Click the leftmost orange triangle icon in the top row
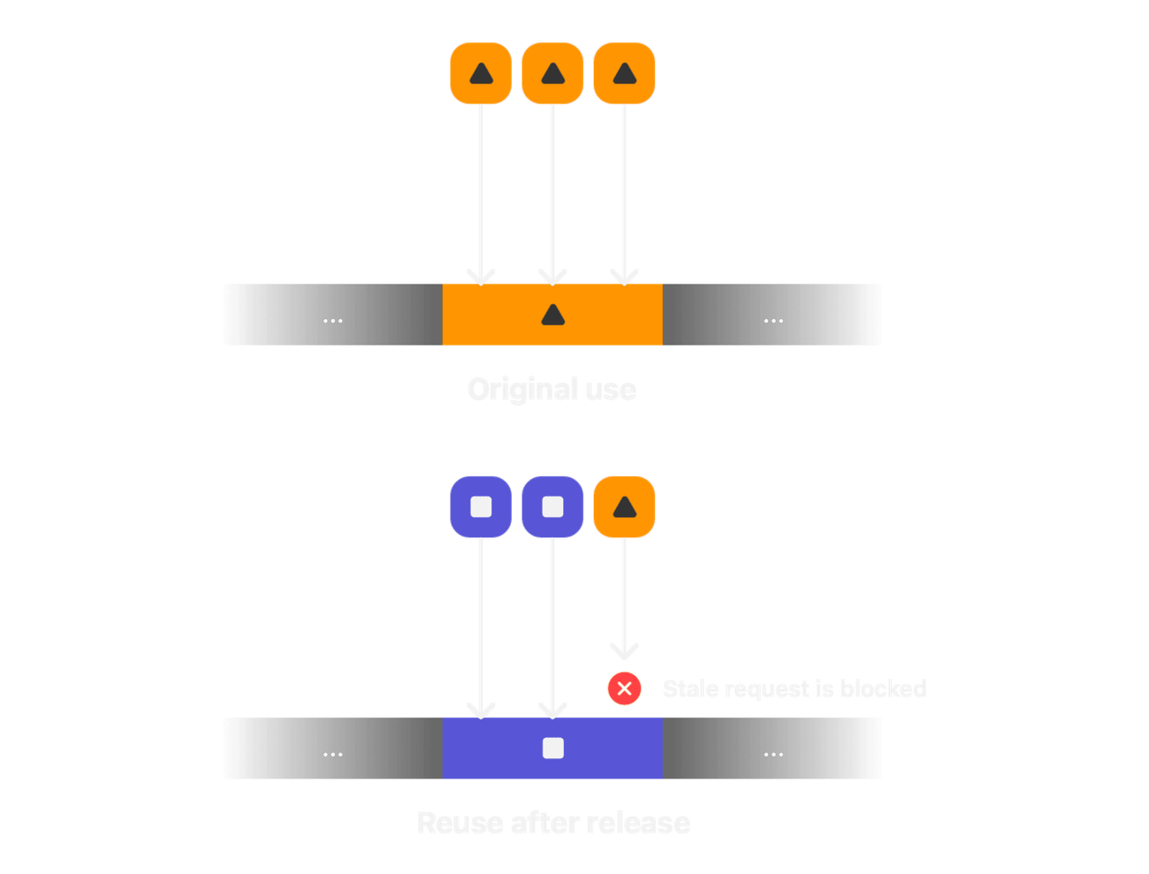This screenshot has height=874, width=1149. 481,72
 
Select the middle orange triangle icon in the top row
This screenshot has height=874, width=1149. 552,72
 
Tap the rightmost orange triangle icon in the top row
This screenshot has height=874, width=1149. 624,72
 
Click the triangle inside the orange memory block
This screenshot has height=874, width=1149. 552,315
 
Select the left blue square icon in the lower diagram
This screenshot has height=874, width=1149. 481,506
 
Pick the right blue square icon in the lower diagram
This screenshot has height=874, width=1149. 552,506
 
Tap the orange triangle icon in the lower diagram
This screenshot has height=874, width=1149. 624,506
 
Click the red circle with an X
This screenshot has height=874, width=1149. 624,688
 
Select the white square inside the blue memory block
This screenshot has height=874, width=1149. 552,749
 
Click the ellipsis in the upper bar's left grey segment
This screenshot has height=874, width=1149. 332,320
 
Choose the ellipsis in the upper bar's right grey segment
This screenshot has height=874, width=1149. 773,320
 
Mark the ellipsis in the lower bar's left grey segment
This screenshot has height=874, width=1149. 332,754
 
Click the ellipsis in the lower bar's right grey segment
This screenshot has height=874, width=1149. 773,754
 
